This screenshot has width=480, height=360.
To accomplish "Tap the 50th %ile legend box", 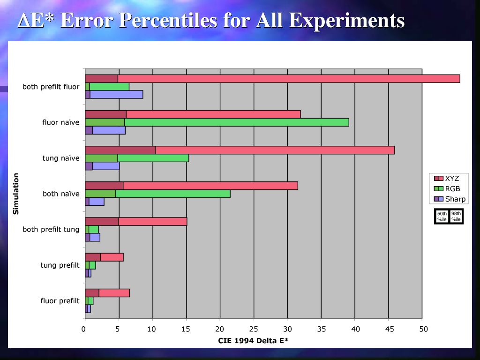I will tap(442, 217).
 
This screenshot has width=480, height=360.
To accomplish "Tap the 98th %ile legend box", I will tap(456, 217).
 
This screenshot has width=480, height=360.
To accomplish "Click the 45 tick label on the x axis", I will tap(389, 329).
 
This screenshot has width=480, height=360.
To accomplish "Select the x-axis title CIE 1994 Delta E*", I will tap(253, 341).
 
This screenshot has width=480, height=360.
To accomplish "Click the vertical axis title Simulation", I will tap(16, 194).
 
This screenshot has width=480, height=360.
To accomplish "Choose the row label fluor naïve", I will tap(60, 123).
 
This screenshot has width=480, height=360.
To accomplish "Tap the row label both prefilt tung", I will tap(51, 230).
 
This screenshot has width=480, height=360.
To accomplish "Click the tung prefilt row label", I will tap(60, 265).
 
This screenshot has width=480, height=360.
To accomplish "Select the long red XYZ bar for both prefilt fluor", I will tap(288, 79).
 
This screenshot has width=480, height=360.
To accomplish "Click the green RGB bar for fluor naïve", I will tap(236, 122).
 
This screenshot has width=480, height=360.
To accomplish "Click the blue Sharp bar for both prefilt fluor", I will tap(116, 94).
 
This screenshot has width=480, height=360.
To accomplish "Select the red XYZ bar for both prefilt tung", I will tap(152, 221).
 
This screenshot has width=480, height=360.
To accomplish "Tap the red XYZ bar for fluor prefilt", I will tap(114, 293).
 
